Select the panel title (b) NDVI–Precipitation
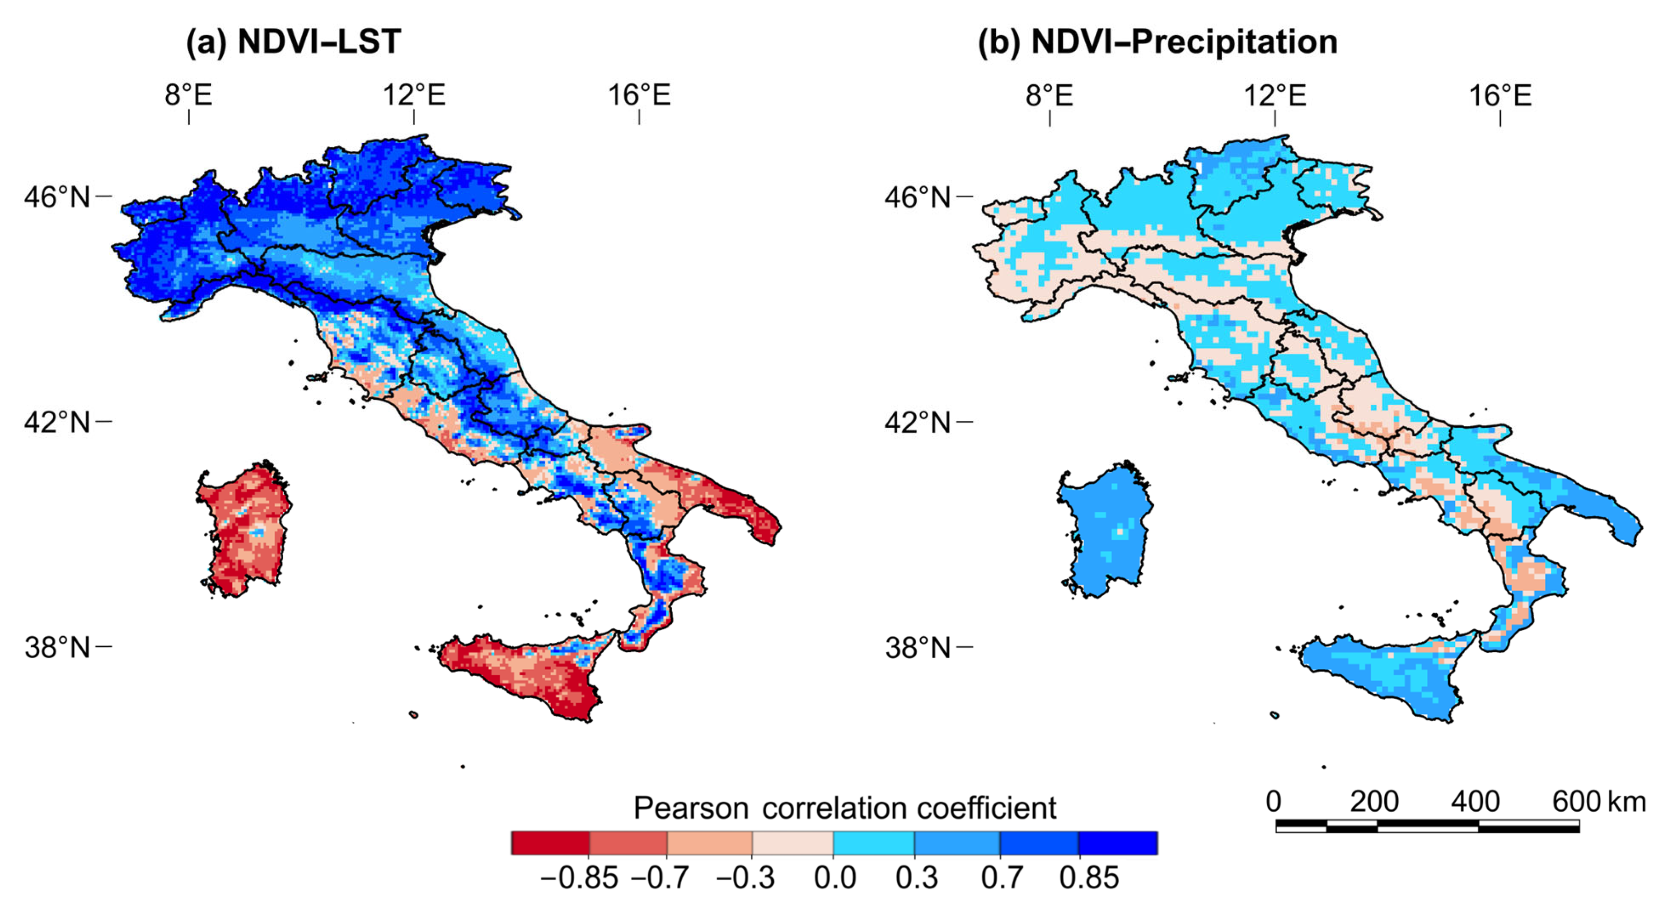pyautogui.click(x=1158, y=42)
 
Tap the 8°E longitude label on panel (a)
pyautogui.click(x=188, y=95)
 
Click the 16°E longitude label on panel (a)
pyautogui.click(x=639, y=95)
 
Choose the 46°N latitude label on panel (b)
pyautogui.click(x=917, y=197)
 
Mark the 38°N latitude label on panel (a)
pyautogui.click(x=57, y=647)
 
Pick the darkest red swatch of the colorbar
pyautogui.click(x=550, y=843)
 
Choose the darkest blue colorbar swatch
pyautogui.click(x=1118, y=843)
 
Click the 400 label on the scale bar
pyautogui.click(x=1475, y=802)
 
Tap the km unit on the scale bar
pyautogui.click(x=1626, y=802)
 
